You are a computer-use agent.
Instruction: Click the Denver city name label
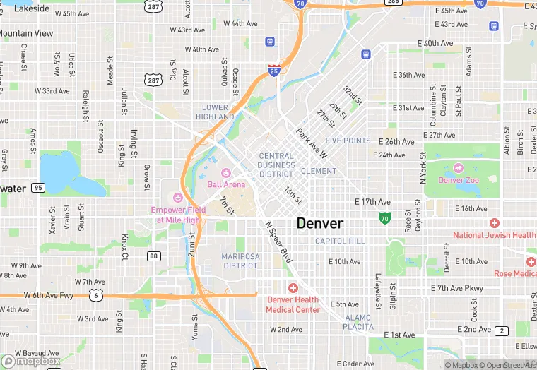point(320,223)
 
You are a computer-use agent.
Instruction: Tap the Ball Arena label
point(227,184)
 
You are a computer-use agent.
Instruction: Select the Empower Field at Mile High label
point(178,215)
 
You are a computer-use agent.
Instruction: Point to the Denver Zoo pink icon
point(459,168)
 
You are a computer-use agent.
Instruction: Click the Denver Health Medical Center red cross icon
point(293,287)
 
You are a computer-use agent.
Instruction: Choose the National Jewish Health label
point(495,235)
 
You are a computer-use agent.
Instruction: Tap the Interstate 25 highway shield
point(274,69)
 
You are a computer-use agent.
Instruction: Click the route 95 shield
point(38,188)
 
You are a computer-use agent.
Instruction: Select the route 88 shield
point(153,256)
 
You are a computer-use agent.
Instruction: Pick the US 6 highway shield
point(95,295)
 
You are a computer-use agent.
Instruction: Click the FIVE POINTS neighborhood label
point(348,141)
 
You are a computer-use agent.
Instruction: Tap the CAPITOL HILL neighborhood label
point(340,241)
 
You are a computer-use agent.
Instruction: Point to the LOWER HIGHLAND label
point(211,112)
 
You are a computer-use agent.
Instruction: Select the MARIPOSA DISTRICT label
point(240,261)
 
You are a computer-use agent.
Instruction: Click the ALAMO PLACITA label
point(358,322)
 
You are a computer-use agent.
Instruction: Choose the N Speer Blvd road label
point(278,240)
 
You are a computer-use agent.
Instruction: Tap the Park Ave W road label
point(312,143)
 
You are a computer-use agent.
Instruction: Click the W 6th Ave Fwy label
point(48,295)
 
